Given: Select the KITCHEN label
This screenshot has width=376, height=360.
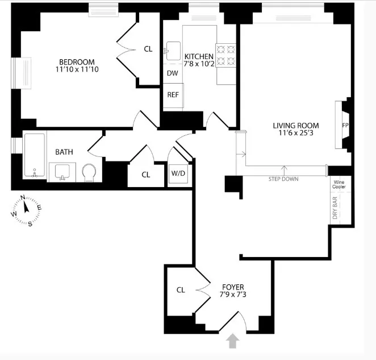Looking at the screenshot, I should pos(199,56).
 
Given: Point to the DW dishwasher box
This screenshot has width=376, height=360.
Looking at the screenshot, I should pos(172,73).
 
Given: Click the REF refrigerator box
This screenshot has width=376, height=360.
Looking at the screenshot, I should pos(173,94).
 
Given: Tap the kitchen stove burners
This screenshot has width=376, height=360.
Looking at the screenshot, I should pos(226,55).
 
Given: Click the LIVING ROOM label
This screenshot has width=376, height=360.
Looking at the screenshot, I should pos(295,126).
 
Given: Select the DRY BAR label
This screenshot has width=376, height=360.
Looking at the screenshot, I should pos(336,208).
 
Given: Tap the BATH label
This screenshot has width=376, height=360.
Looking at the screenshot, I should pos(64,152).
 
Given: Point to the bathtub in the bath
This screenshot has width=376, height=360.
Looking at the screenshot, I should pos(35,157).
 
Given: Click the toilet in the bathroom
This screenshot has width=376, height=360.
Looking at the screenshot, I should pos(90,171).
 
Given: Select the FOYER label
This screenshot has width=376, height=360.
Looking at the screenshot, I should pos(232,287).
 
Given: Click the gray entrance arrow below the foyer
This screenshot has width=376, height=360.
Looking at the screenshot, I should pos(232,341).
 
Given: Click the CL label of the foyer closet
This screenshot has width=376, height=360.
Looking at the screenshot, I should pos(181,290).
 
